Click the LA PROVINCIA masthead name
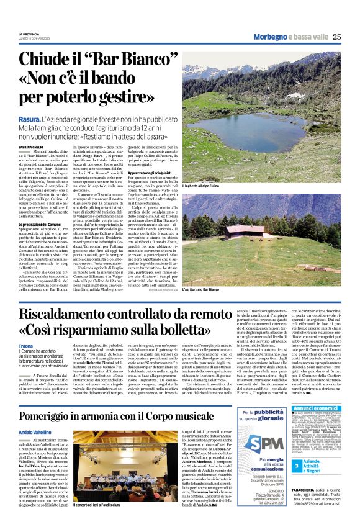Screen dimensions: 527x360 pos(29,34)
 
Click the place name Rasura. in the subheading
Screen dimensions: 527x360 pos(29,118)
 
